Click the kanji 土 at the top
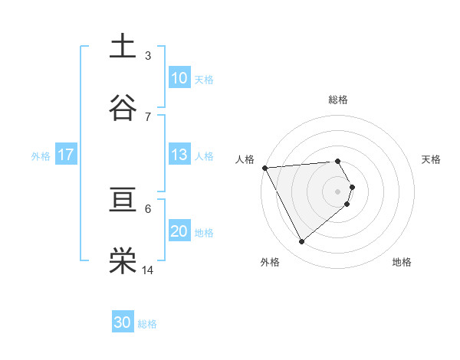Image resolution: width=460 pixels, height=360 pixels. (x=123, y=47)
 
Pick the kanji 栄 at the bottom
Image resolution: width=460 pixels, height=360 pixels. (x=123, y=261)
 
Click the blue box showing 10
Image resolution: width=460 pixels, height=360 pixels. (x=179, y=78)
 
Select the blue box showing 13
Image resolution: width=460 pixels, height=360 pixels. (x=179, y=155)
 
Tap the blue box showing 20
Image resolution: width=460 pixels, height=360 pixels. (x=179, y=232)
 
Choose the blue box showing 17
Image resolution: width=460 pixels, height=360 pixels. (x=66, y=155)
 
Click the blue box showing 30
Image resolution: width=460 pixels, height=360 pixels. (x=123, y=322)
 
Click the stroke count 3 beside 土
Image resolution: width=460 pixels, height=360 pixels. (x=148, y=55)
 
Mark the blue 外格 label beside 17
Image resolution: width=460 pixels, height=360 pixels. (x=41, y=155)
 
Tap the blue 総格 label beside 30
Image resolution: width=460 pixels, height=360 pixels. (x=147, y=324)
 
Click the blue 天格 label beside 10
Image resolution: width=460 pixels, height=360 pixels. (x=204, y=79)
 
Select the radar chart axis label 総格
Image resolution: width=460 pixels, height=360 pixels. (x=338, y=100)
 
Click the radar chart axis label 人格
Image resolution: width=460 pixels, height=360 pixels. (x=244, y=159)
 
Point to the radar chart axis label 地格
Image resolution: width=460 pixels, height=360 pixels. (x=402, y=262)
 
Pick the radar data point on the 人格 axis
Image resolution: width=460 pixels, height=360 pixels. (x=264, y=168)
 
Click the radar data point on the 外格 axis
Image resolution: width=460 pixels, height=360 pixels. (x=301, y=242)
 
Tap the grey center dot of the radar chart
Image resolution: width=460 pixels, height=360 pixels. (x=338, y=191)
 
